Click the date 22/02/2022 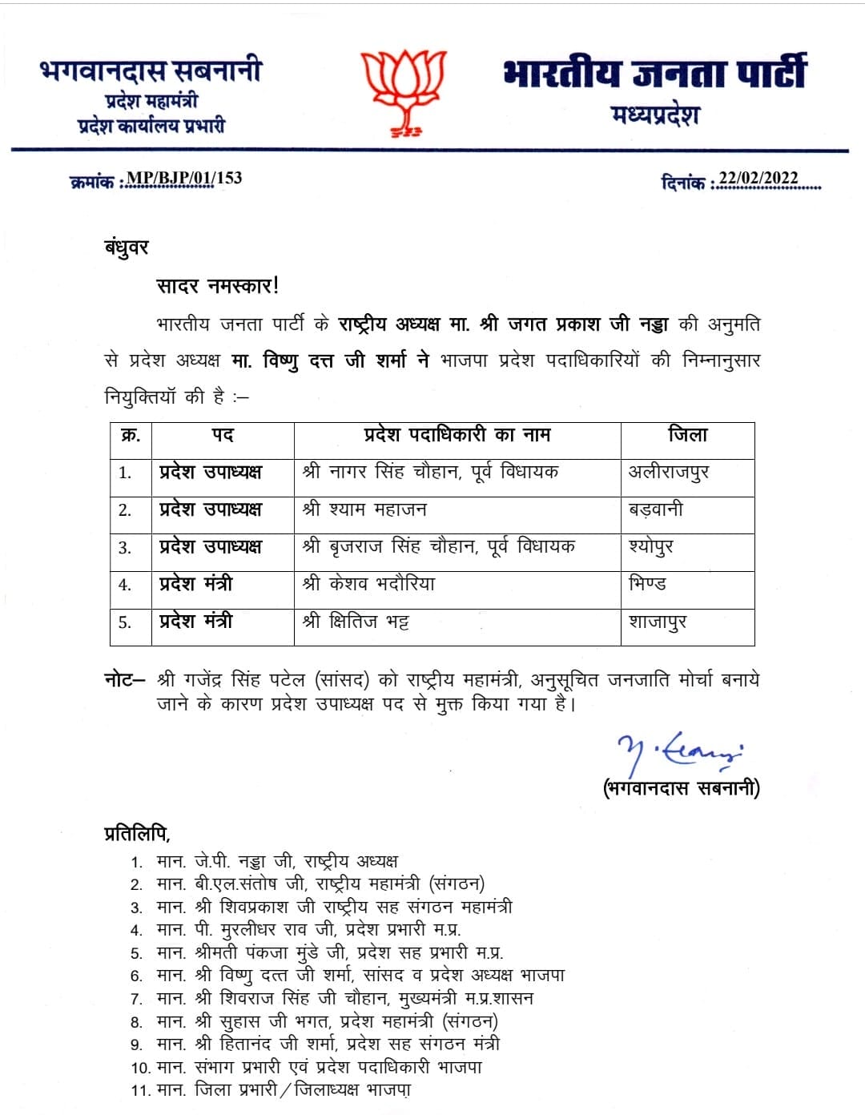tap(758, 179)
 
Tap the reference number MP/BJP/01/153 tap(184, 178)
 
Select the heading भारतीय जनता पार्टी tap(654, 74)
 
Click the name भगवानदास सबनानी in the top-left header tap(151, 71)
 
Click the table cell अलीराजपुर tap(669, 472)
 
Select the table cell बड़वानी tap(656, 509)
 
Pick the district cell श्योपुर tap(651, 547)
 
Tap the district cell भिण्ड tap(647, 584)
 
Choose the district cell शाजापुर tap(658, 622)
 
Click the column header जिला tap(687, 435)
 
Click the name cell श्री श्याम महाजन tap(364, 509)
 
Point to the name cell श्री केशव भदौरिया tap(368, 584)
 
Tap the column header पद tap(223, 435)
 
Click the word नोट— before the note tap(125, 680)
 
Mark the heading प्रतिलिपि tap(137, 833)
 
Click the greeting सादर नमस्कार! tap(217, 286)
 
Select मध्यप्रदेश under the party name tap(655, 116)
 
